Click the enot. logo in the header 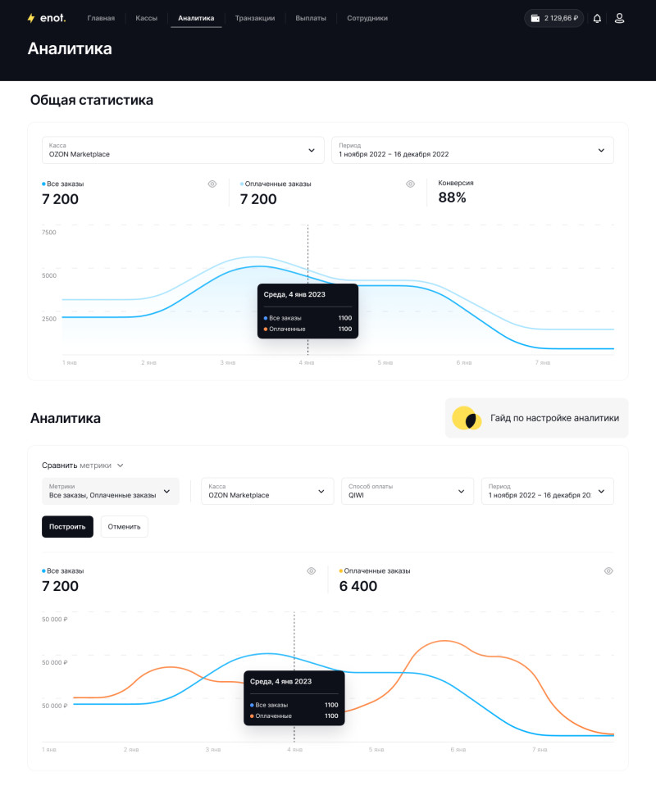coord(47,18)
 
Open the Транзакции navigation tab coord(255,18)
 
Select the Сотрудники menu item coord(367,18)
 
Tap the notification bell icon coord(597,19)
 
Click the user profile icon coord(620,19)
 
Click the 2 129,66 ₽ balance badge coord(554,18)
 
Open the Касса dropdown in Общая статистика coord(183,150)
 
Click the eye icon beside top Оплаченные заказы coord(410,184)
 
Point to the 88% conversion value coord(452,198)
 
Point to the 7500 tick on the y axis coord(49,232)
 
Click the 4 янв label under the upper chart coord(307,362)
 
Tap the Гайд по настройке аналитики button coord(536,418)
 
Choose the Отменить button coord(124,527)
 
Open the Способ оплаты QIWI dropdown coord(408,491)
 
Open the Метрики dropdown coord(111,491)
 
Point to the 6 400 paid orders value coord(358,586)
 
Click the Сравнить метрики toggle coord(83,465)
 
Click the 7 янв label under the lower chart coord(540,750)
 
